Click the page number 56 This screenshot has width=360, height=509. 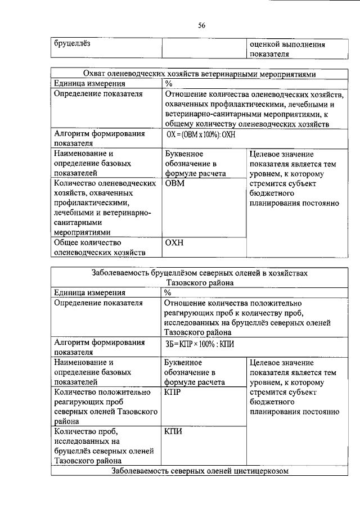(x=202, y=24)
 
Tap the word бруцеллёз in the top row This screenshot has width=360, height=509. (x=73, y=43)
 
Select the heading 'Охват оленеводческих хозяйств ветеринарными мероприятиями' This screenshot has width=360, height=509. (x=199, y=74)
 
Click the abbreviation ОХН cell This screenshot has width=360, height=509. (x=175, y=243)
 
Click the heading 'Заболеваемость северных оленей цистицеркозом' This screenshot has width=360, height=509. (x=199, y=471)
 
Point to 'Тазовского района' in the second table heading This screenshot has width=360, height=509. (x=199, y=282)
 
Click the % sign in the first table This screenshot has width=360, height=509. (x=168, y=84)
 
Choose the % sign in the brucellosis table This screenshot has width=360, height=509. (x=168, y=292)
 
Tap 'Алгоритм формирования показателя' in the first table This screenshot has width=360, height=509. (x=98, y=139)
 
